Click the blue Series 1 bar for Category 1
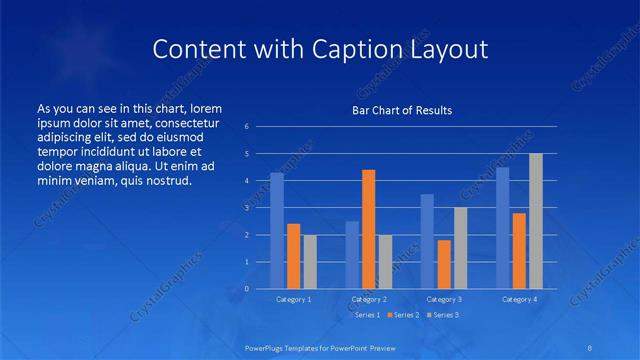pos(277,231)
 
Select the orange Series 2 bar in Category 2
pos(368,229)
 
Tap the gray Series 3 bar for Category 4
pos(536,221)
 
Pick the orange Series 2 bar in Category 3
pos(444,264)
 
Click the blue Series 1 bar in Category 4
pos(503,228)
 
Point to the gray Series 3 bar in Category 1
pos(310,262)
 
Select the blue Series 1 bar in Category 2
pos(352,255)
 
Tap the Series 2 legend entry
pos(403,315)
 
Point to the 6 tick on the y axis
pos(247,127)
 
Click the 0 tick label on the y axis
pos(247,289)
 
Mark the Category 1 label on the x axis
pos(293,299)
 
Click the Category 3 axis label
pos(443,299)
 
